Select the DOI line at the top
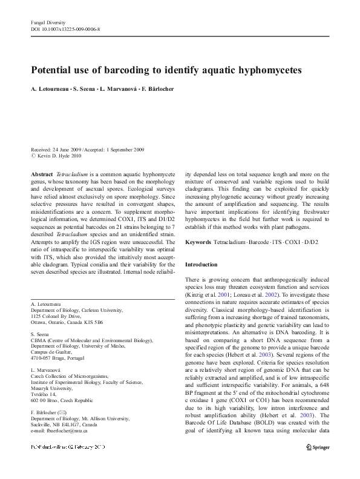coord(65,29)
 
